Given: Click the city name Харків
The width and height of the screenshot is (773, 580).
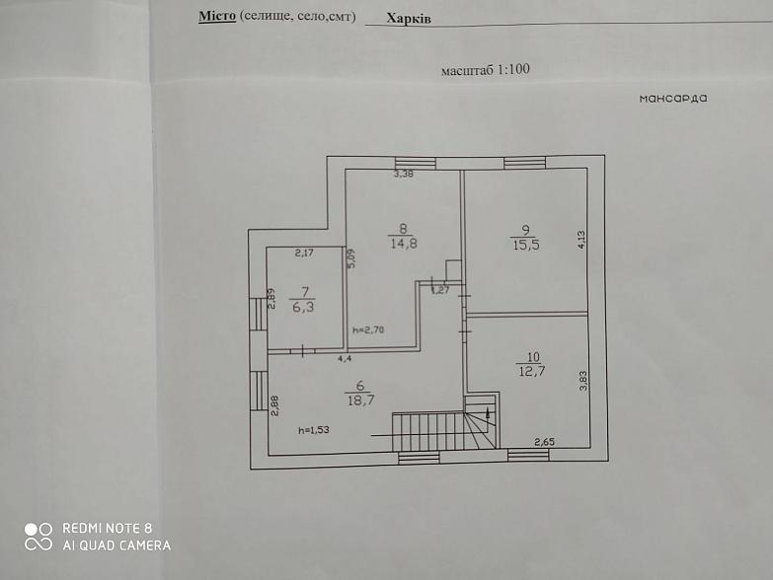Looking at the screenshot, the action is click(x=409, y=19).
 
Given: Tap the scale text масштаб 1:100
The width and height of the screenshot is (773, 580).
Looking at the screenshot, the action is click(x=486, y=69).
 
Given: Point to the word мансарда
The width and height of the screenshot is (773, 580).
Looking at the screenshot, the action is click(x=673, y=99).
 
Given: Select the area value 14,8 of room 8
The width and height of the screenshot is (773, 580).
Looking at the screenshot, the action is click(x=404, y=243).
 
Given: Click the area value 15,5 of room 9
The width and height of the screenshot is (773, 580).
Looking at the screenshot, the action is click(x=526, y=245).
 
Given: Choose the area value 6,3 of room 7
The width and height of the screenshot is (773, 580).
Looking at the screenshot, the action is click(x=303, y=307).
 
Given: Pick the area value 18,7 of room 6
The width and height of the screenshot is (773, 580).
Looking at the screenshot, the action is click(x=361, y=399).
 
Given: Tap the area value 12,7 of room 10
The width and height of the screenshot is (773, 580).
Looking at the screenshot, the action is click(x=532, y=370).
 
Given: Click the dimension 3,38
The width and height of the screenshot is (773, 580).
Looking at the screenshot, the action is click(x=403, y=174).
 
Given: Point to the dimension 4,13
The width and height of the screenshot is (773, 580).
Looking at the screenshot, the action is click(x=581, y=240).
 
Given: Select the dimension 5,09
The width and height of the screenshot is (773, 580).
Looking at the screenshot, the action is click(x=351, y=258).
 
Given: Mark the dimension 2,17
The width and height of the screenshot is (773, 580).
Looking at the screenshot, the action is click(x=304, y=254).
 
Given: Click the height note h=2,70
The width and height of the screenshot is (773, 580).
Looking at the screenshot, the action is click(x=368, y=329).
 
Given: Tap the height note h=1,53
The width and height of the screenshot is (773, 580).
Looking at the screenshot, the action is click(x=314, y=430).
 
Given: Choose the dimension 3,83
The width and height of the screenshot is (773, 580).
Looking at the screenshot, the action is click(x=583, y=381).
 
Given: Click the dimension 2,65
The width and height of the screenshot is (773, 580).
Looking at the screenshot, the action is click(x=545, y=442).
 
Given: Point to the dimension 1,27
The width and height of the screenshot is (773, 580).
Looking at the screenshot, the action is click(x=440, y=290).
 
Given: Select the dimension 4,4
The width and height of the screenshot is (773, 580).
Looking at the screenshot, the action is click(x=345, y=358).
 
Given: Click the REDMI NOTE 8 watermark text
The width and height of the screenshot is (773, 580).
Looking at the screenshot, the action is click(x=107, y=529).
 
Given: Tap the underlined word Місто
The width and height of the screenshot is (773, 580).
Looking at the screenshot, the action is click(x=217, y=16).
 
